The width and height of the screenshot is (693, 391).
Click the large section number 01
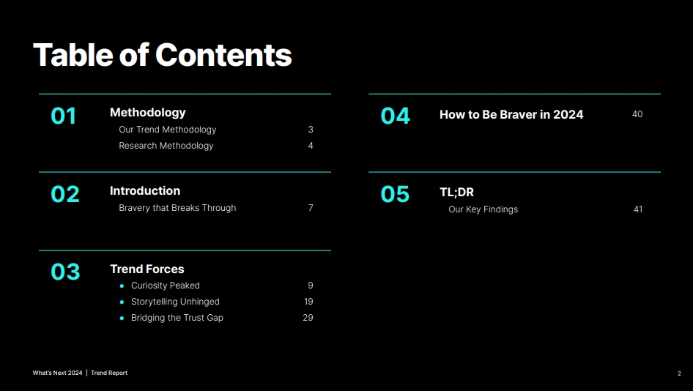pos(63,116)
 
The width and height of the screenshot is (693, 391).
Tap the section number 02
pos(65,194)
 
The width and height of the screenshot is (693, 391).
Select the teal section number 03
pos(65,272)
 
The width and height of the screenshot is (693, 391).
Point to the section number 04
pos(395,116)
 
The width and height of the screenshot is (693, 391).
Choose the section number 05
pos(395,194)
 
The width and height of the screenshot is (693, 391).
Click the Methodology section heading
pos(148,113)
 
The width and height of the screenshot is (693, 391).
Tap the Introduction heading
pos(145,191)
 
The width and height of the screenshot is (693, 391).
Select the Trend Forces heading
pos(147,269)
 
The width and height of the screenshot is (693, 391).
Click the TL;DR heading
pos(456,193)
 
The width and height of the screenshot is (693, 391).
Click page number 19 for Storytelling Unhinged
pos(308,302)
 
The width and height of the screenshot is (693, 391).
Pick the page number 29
pos(308,318)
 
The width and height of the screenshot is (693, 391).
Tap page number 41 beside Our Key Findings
pos(638,209)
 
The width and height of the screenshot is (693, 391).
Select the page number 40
pos(637,114)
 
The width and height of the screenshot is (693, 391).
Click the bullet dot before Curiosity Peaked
pos(122,286)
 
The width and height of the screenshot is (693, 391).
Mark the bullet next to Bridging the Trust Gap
pos(122,318)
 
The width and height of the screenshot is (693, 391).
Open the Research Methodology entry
pos(166,146)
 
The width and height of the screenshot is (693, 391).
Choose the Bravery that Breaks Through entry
pos(177,208)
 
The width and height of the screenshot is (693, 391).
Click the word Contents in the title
pos(223,55)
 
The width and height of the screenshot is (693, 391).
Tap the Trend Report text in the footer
pos(109,373)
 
